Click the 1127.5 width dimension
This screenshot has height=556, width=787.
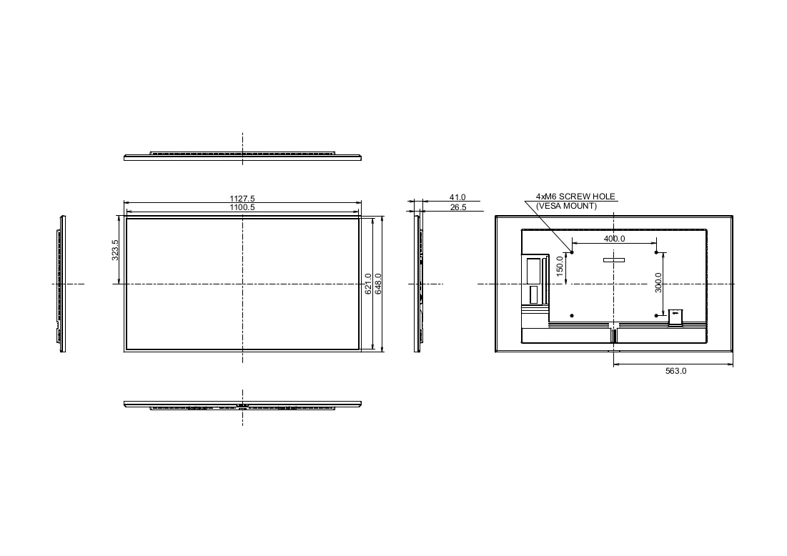pos(242,199)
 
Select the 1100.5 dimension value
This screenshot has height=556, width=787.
pos(242,207)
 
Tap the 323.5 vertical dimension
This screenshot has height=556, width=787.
pos(115,250)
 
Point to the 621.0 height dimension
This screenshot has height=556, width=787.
pos(368,284)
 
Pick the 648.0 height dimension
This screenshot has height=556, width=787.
pos(378,284)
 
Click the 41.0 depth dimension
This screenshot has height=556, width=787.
pos(457,198)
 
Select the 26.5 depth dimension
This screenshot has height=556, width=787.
pos(458,207)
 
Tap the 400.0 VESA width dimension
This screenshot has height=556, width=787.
pos(614,239)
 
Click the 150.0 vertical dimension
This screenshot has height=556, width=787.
pos(560,266)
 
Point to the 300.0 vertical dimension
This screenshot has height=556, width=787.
pos(658,283)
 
